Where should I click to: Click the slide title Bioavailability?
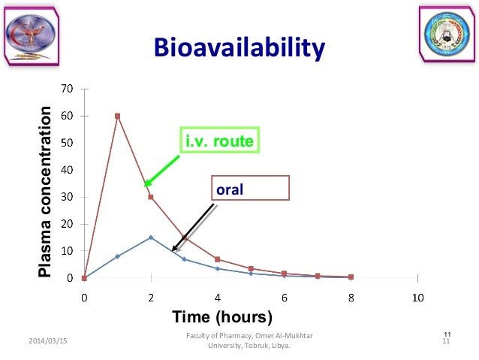239,48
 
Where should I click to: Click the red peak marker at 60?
117,116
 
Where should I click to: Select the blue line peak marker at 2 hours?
151,237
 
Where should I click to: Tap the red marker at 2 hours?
151,197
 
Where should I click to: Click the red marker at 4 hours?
218,259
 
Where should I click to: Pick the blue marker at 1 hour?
117,256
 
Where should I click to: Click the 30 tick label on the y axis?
67,198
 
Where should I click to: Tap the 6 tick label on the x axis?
285,297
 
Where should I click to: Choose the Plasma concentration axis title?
47,192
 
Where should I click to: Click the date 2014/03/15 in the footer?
47,341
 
